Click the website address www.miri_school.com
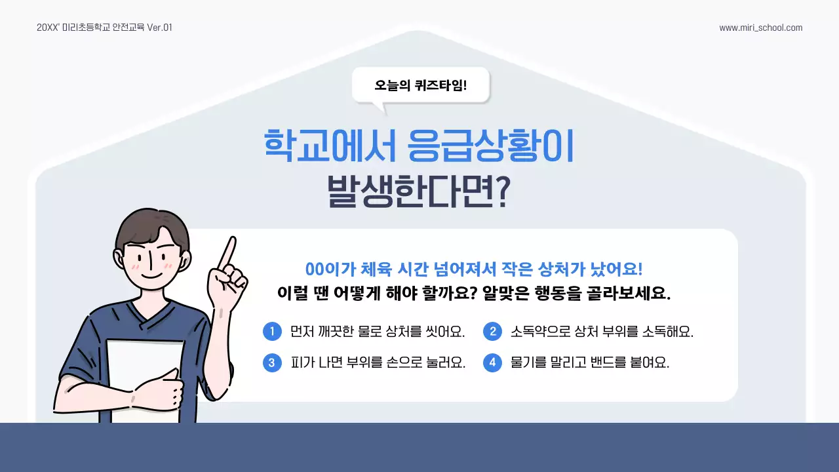[760, 28]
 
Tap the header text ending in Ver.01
[104, 28]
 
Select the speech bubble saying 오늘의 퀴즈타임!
[420, 85]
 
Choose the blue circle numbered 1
[271, 332]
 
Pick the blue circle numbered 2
[492, 332]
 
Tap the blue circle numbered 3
[271, 363]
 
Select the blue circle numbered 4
[492, 363]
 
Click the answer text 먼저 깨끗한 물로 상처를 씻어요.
[378, 332]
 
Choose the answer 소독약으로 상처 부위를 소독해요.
[602, 332]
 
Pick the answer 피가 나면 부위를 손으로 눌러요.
[378, 363]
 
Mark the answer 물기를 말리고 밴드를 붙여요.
[590, 363]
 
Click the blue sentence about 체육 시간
[474, 269]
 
